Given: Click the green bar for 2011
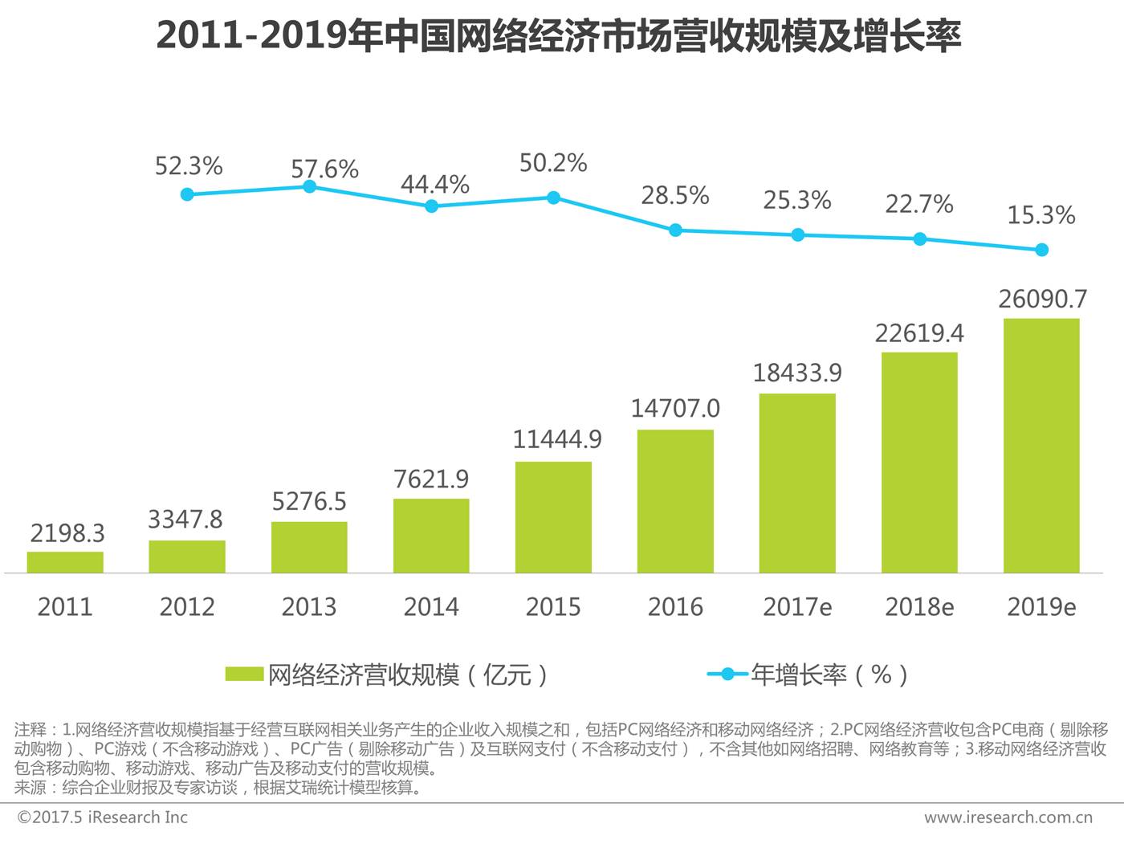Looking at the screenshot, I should click(x=65, y=562).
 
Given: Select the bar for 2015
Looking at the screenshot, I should click(x=553, y=517).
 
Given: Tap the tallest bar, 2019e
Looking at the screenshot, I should click(x=1041, y=446).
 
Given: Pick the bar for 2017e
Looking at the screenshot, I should click(x=797, y=483).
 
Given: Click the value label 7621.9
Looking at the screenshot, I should click(x=431, y=479).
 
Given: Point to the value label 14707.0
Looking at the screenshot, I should click(x=675, y=409).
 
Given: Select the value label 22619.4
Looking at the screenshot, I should click(x=919, y=333).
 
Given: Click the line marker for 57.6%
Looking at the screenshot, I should click(x=309, y=187).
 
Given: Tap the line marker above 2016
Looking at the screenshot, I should click(x=675, y=230).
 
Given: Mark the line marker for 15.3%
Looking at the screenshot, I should click(x=1041, y=250).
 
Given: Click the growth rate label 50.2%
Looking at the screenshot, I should click(x=553, y=163).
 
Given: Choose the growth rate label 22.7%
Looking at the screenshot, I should click(x=919, y=204).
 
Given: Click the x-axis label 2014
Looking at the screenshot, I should click(x=431, y=607).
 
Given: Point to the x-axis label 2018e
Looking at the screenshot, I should click(x=919, y=607).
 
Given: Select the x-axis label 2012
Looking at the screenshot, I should click(x=187, y=607).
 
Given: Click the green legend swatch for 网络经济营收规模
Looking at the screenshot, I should click(x=244, y=675).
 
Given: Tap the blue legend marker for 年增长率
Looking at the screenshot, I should click(x=727, y=675).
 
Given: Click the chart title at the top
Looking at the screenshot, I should click(x=559, y=36).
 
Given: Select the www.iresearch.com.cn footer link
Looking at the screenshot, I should click(x=1008, y=817).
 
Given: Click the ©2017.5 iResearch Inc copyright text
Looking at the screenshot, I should click(x=103, y=817).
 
